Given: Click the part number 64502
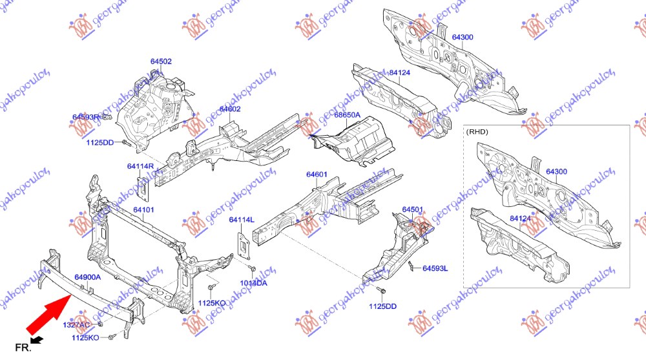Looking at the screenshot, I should click(161, 61).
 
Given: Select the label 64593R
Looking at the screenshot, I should click(85, 117).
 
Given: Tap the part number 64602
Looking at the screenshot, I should click(229, 109).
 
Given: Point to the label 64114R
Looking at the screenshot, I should click(140, 166).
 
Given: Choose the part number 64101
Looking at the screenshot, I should click(143, 209).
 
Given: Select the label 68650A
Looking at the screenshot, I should click(347, 115).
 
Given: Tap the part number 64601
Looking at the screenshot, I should click(317, 174).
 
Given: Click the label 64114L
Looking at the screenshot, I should click(242, 220).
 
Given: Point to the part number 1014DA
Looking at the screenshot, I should click(255, 283).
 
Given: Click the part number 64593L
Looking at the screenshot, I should click(435, 268).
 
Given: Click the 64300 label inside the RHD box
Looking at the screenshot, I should click(556, 172).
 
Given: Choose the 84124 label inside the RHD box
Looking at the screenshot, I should click(520, 218).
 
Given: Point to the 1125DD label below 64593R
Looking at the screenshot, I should click(99, 142).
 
